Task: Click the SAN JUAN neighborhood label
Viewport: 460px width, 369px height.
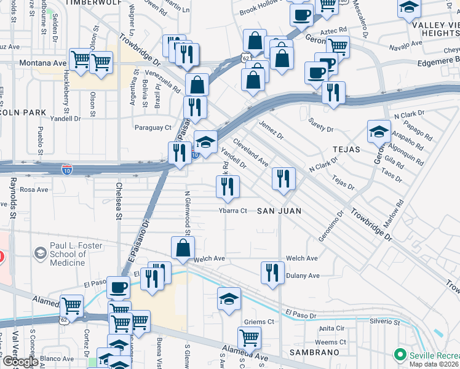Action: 279,211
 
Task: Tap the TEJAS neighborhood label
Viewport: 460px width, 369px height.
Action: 346,149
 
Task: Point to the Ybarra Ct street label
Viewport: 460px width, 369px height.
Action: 232,211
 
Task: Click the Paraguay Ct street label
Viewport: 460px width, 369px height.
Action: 153,127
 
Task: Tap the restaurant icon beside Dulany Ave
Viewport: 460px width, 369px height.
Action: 272,272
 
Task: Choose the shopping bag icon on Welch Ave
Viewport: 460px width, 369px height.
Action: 183,248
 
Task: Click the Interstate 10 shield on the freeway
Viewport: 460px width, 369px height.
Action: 66,168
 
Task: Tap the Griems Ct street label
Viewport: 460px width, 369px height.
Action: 258,322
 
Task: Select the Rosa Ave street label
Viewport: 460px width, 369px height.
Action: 30,189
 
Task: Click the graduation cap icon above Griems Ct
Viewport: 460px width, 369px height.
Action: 229,300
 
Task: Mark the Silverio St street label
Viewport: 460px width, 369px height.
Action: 384,322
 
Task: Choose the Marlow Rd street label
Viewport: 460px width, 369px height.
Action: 395,211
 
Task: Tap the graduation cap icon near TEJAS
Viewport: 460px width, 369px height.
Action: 379,130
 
